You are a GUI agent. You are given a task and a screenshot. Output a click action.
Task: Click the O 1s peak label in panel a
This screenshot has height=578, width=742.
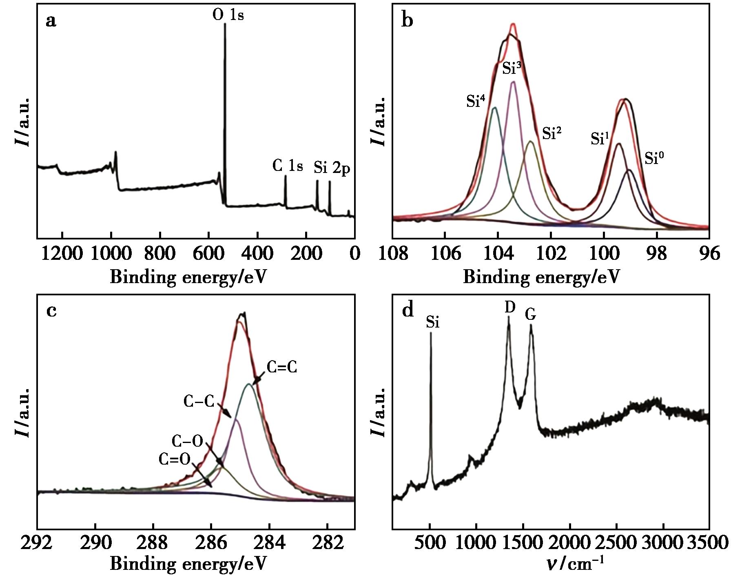(228, 15)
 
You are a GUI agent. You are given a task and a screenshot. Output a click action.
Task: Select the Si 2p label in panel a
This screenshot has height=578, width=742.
(332, 168)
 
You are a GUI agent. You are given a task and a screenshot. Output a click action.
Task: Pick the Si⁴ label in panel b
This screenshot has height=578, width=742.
(475, 101)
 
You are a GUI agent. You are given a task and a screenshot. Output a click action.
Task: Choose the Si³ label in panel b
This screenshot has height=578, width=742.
(512, 68)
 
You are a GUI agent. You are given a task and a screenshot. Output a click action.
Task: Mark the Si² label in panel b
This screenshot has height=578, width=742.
(552, 133)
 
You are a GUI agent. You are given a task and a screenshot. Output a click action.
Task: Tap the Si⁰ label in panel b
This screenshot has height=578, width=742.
(654, 158)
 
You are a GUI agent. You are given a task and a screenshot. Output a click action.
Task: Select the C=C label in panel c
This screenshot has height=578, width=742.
(281, 368)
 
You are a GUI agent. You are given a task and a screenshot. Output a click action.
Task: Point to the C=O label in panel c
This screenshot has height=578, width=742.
(175, 460)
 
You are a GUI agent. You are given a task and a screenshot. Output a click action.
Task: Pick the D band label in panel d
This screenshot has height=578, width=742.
(510, 307)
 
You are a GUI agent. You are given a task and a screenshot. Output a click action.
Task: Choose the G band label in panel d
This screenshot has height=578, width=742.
(530, 314)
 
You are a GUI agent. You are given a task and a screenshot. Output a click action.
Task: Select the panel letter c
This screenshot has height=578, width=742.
(51, 311)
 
